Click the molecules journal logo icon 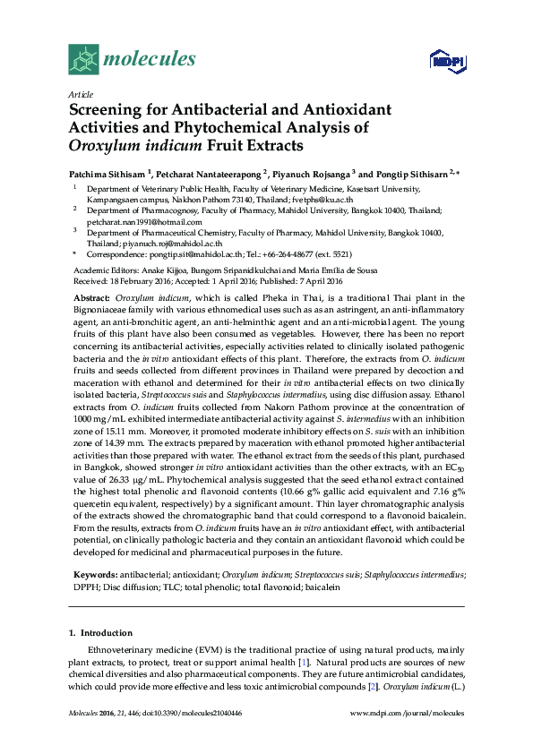[x=82, y=60]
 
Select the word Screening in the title [x=108, y=110]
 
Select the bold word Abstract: [x=91, y=296]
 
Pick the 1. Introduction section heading [x=100, y=632]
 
